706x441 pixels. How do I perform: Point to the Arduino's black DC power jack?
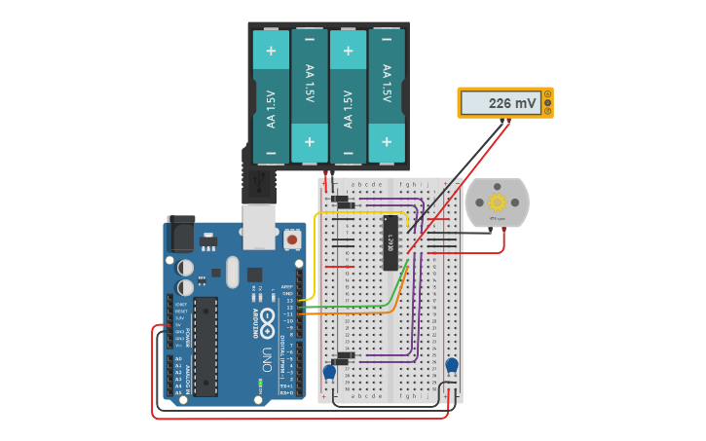click(x=180, y=234)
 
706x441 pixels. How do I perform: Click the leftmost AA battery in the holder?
click(x=272, y=95)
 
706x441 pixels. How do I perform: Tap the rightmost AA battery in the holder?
click(x=387, y=95)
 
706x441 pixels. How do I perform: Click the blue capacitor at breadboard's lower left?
click(x=329, y=371)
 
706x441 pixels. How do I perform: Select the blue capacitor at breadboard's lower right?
click(x=451, y=366)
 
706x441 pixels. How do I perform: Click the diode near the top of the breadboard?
click(x=341, y=201)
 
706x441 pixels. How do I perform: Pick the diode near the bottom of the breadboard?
click(x=344, y=355)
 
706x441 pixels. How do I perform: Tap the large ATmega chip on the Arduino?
click(x=205, y=347)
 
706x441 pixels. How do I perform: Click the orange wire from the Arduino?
click(x=351, y=312)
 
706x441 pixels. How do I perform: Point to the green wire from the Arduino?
click(x=351, y=305)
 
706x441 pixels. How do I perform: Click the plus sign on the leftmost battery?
click(x=272, y=51)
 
